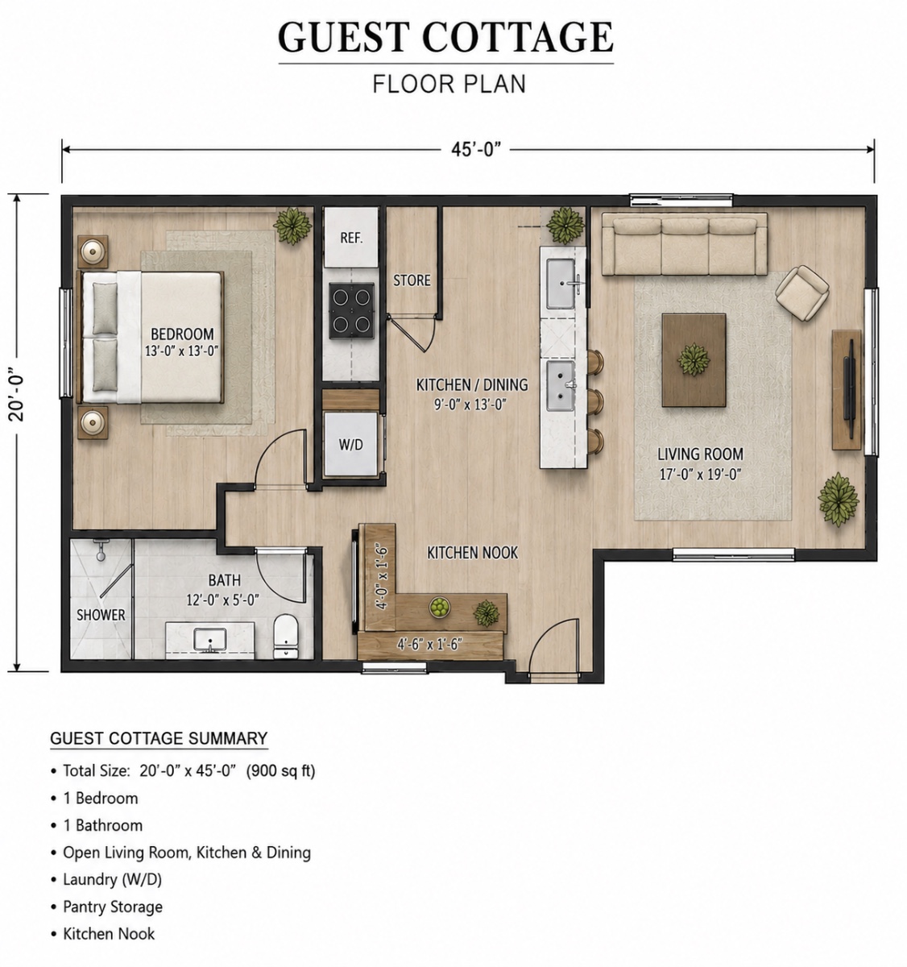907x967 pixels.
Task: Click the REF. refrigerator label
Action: [x=351, y=238]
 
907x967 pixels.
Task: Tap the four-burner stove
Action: [x=351, y=310]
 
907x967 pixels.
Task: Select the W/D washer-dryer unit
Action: [x=351, y=444]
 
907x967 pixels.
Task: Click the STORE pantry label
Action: [x=412, y=280]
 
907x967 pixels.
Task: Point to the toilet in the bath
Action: [x=286, y=636]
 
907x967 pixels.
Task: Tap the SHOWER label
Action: [x=101, y=615]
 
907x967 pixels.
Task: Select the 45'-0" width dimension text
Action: [x=476, y=149]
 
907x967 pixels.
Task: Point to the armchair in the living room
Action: [x=801, y=293]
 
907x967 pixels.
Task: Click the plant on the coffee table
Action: [x=694, y=359]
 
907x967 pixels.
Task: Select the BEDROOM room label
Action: [x=182, y=334]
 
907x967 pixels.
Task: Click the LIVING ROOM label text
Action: [x=701, y=454]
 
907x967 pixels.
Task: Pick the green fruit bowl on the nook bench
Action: [x=439, y=607]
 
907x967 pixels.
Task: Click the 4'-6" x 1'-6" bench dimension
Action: [x=429, y=644]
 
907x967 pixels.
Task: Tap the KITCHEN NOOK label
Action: [x=472, y=553]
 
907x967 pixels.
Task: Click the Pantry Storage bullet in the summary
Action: [x=107, y=907]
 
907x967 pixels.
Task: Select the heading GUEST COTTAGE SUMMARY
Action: [x=159, y=738]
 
